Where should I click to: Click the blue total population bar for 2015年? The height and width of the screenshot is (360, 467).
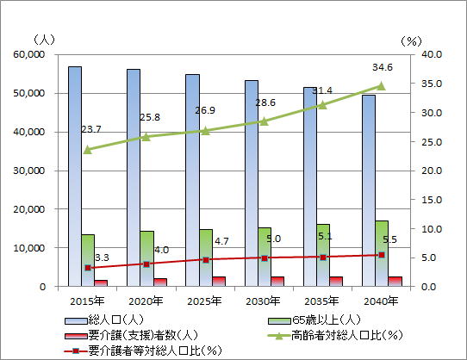tap(75, 177)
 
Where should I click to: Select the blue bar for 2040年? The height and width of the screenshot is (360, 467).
tap(369, 190)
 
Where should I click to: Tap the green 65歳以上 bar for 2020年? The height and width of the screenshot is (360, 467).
tap(147, 258)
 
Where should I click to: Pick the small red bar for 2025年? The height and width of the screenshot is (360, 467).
tap(219, 282)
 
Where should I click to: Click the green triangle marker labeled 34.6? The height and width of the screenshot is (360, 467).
tap(381, 86)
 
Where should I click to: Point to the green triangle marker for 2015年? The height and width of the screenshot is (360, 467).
tap(88, 150)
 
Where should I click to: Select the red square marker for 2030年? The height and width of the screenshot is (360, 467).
tap(265, 258)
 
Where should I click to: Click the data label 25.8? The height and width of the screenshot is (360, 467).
tap(150, 117)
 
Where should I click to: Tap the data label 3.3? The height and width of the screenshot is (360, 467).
tap(102, 258)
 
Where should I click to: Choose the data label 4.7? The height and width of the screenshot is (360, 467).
tap(221, 241)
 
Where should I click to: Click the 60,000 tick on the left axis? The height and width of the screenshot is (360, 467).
tap(29, 54)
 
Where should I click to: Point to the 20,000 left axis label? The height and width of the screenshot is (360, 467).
tap(29, 209)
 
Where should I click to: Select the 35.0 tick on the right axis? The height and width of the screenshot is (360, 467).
tap(432, 84)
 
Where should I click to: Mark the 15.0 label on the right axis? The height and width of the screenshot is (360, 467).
tap(432, 200)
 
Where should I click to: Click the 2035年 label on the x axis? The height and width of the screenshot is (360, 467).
tap(321, 301)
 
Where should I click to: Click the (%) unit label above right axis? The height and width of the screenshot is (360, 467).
tap(411, 41)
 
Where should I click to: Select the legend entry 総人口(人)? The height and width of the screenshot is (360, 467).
tap(104, 320)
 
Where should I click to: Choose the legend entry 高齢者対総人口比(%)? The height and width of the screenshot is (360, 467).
tap(335, 336)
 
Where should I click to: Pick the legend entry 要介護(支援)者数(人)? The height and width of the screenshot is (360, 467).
tap(131, 336)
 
